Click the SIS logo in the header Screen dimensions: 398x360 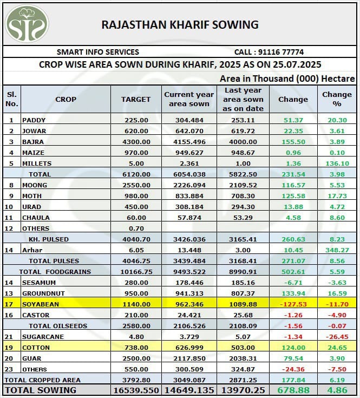(27, 24)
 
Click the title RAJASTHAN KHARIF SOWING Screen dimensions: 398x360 (180, 24)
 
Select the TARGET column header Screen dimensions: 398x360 (136, 99)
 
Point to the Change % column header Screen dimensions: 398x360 (337, 99)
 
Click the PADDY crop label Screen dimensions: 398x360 (34, 120)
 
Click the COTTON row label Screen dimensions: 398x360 (35, 347)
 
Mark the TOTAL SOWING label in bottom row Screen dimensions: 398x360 (40, 390)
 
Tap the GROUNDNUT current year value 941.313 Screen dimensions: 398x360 (189, 293)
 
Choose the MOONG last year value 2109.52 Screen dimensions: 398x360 (243, 185)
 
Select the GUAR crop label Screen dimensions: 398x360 (31, 358)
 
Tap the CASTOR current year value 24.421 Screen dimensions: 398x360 (189, 315)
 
